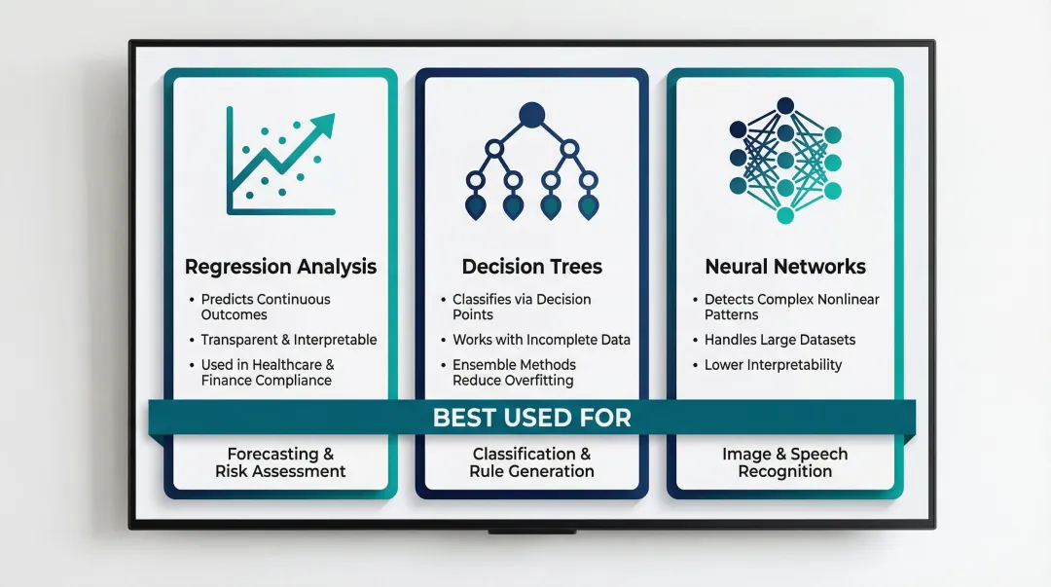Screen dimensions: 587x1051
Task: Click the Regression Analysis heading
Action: (x=280, y=267)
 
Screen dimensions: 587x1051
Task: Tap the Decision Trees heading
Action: (x=531, y=267)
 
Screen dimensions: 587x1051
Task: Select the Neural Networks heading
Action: (x=784, y=267)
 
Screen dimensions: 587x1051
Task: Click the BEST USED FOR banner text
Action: (x=531, y=419)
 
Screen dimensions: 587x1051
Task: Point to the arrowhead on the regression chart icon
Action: (x=323, y=126)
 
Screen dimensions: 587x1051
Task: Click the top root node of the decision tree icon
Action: (x=531, y=116)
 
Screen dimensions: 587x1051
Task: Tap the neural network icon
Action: (x=784, y=160)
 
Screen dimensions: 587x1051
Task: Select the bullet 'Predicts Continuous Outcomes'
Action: (x=266, y=307)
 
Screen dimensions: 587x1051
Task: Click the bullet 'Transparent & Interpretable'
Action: (x=288, y=340)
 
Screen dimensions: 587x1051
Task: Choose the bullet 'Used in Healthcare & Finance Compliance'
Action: (x=267, y=372)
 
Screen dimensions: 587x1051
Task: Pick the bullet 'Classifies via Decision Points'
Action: (x=522, y=307)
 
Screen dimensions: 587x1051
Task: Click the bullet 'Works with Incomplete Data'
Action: (x=541, y=340)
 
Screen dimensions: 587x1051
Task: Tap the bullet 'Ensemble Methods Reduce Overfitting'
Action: (x=514, y=372)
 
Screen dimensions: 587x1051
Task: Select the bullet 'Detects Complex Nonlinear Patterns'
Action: (x=791, y=307)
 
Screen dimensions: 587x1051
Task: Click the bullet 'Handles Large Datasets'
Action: (x=779, y=340)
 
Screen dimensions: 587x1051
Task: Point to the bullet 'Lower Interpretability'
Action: (x=773, y=365)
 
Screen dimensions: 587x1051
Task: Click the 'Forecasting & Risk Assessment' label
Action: (x=280, y=462)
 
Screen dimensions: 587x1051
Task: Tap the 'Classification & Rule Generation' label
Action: (x=531, y=462)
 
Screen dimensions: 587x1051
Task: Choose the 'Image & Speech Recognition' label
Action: (x=784, y=462)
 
